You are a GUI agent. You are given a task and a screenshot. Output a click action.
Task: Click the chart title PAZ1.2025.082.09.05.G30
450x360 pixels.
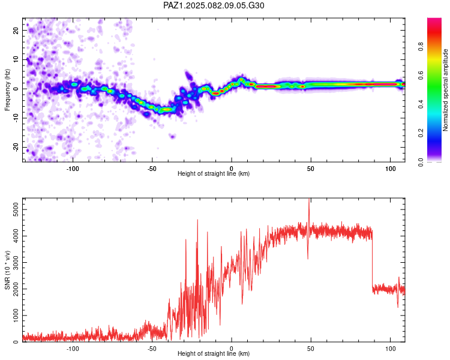pos(214,5)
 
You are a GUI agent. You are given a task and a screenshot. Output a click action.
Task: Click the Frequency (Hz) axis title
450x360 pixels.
pos(7,90)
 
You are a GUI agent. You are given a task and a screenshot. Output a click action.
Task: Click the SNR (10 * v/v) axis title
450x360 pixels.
pos(7,270)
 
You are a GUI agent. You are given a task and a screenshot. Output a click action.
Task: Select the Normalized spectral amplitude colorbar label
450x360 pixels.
pos(445,90)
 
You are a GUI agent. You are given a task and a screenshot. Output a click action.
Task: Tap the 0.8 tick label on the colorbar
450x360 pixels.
pos(421,46)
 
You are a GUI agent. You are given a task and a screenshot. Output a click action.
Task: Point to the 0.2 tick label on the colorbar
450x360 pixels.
pos(421,133)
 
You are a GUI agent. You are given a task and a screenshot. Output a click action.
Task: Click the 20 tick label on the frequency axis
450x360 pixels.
pos(16,30)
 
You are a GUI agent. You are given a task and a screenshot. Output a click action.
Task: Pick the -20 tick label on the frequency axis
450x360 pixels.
pos(16,147)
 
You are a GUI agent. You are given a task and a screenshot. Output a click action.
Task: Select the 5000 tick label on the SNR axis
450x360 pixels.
pos(16,209)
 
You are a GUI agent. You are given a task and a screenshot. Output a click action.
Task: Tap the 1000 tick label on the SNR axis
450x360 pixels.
pos(16,316)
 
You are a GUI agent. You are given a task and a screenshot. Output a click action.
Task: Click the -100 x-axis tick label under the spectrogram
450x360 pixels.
pos(73,169)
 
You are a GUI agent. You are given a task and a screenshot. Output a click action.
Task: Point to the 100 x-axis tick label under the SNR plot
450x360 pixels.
pos(391,349)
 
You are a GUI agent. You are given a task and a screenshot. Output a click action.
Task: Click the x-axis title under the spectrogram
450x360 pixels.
pos(214,173)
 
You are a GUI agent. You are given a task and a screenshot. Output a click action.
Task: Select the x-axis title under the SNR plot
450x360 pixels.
pos(214,353)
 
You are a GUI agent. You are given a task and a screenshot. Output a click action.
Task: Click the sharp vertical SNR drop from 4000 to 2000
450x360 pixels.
pos(372,261)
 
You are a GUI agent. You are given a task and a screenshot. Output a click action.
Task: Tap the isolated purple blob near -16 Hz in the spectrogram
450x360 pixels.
pos(172,136)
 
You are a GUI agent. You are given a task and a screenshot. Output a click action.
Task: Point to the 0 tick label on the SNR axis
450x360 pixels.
pos(16,341)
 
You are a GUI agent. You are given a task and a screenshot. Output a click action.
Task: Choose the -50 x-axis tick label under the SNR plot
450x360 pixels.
pos(152,349)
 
